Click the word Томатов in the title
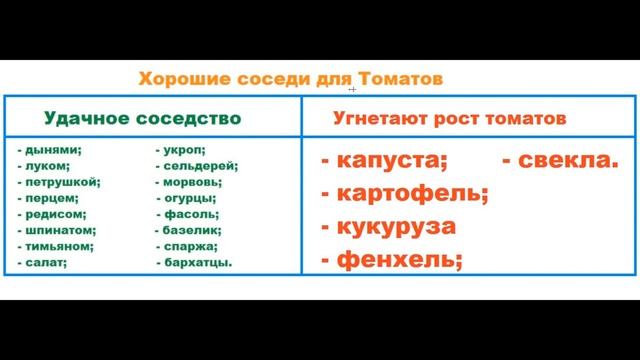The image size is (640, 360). tap(400, 78)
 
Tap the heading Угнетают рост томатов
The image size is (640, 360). tap(449, 118)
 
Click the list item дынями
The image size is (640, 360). tap(53, 150)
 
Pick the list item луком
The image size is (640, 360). tap(46, 166)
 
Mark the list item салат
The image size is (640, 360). tap(46, 262)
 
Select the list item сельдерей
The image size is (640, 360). tap(199, 166)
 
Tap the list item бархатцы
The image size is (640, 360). tap(198, 263)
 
